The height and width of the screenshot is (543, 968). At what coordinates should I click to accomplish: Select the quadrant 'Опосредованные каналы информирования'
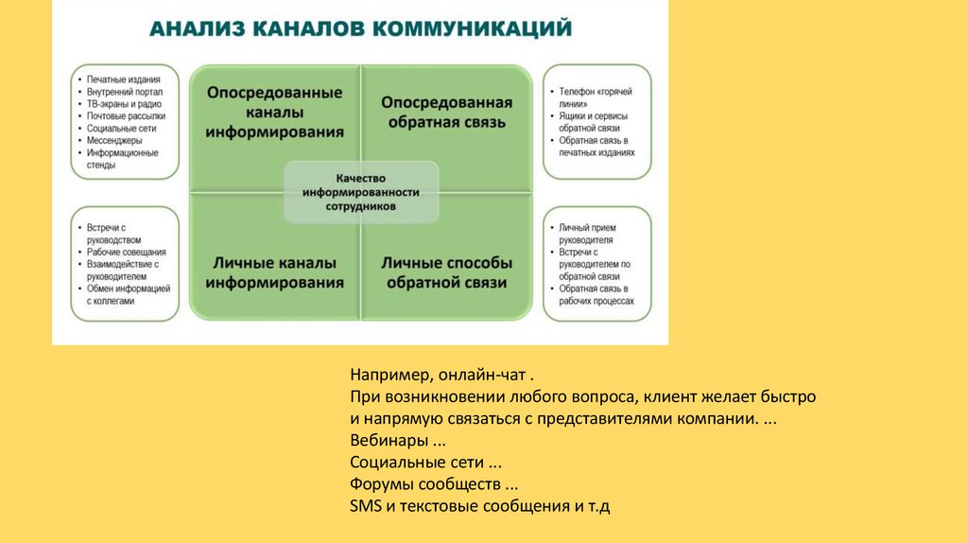pyautogui.click(x=274, y=112)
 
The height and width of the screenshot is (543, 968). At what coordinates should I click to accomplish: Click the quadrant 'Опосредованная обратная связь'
pyautogui.click(x=446, y=112)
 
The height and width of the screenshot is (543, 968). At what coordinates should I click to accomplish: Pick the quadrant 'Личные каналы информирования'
pyautogui.click(x=274, y=271)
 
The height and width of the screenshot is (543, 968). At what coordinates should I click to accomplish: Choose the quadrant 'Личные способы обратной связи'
pyautogui.click(x=446, y=271)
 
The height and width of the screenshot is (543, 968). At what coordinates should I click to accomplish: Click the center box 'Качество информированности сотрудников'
pyautogui.click(x=361, y=191)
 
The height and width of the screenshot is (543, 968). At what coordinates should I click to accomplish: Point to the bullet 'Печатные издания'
pyautogui.click(x=123, y=79)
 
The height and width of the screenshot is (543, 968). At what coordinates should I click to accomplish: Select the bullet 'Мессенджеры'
pyautogui.click(x=114, y=140)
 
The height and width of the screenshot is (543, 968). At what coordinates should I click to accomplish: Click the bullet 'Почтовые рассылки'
pyautogui.click(x=126, y=116)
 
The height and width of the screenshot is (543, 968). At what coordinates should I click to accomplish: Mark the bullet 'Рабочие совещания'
pyautogui.click(x=127, y=253)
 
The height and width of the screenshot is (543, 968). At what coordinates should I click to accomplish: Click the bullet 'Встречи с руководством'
pyautogui.click(x=119, y=235)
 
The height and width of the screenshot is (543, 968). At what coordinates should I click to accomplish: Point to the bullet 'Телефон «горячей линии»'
pyautogui.click(x=595, y=98)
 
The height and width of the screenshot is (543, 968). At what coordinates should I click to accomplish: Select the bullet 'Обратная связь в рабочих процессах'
pyautogui.click(x=596, y=294)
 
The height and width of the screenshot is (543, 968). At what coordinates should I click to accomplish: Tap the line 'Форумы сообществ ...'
pyautogui.click(x=423, y=484)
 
